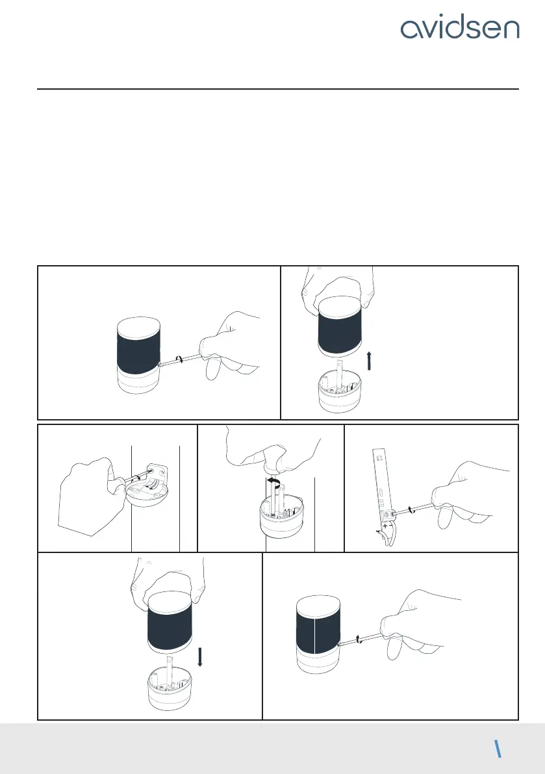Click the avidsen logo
click(x=460, y=29)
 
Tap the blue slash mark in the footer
click(x=498, y=749)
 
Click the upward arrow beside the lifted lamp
click(x=369, y=361)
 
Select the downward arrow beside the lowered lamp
click(x=200, y=658)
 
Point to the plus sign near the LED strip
click(x=385, y=526)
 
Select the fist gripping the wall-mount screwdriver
click(x=91, y=496)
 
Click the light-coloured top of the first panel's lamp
click(x=139, y=328)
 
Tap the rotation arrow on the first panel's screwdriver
click(x=181, y=359)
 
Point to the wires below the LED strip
click(x=387, y=538)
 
